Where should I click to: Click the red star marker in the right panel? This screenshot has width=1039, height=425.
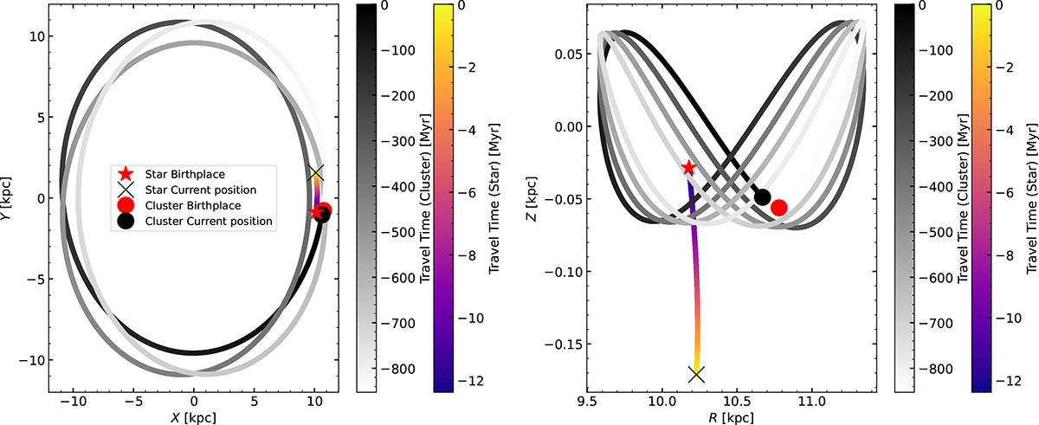[x=688, y=167]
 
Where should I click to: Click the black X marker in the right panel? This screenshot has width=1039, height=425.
[x=696, y=374]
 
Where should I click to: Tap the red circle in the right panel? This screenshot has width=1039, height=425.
[x=778, y=207]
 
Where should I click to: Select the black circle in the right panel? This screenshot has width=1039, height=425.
[x=763, y=197]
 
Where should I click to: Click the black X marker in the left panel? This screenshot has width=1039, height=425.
[x=316, y=172]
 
